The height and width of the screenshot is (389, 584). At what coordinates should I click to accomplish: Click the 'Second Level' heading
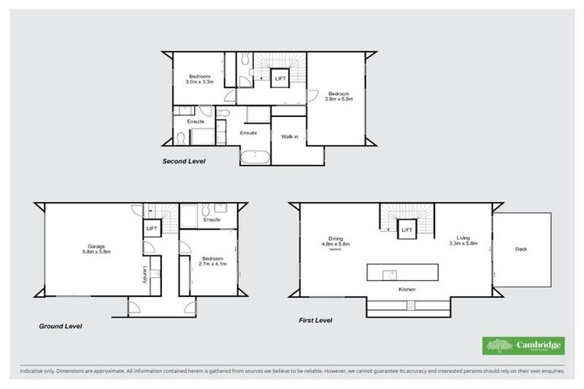pos(183,162)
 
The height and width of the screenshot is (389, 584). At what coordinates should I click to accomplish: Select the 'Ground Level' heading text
pos(61,326)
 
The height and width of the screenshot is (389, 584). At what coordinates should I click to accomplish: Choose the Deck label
pos(520,248)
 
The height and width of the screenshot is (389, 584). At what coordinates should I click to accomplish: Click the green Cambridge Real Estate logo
pos(524,346)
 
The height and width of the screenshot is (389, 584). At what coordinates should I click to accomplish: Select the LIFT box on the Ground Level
pos(151,227)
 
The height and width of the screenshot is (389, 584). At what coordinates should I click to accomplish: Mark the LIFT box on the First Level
pos(407,229)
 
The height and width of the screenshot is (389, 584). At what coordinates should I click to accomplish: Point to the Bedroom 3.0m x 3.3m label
pos(200,78)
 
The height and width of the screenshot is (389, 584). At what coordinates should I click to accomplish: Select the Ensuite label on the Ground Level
pos(211,220)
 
